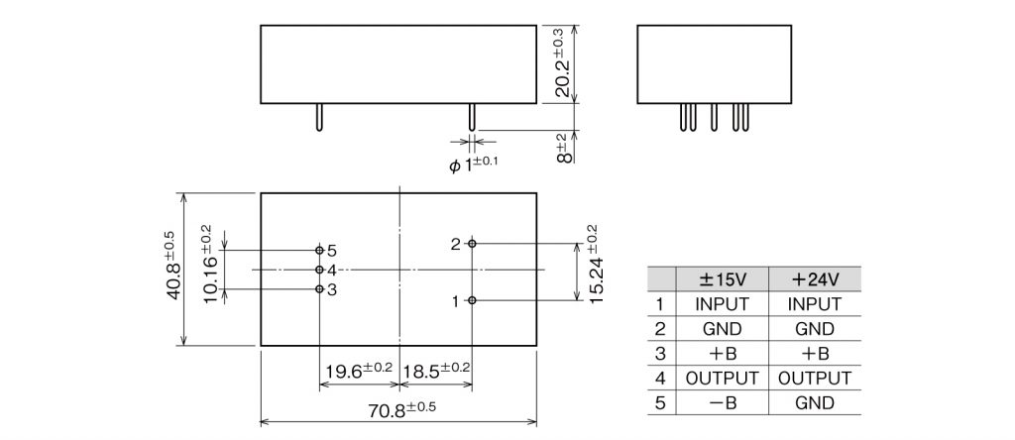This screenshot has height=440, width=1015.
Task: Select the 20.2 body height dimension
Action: click(562, 63)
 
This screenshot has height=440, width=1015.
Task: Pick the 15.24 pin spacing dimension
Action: click(594, 268)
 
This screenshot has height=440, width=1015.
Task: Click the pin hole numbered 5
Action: click(319, 250)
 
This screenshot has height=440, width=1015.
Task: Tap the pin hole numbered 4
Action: click(319, 270)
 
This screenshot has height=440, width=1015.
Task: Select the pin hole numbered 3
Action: click(319, 289)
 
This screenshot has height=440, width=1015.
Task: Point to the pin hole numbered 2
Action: click(473, 243)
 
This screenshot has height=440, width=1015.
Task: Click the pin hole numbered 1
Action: click(473, 300)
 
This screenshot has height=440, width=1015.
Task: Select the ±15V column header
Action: click(722, 279)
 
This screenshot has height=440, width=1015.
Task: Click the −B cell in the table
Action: click(722, 403)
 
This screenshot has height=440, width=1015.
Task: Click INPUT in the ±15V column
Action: click(722, 304)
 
